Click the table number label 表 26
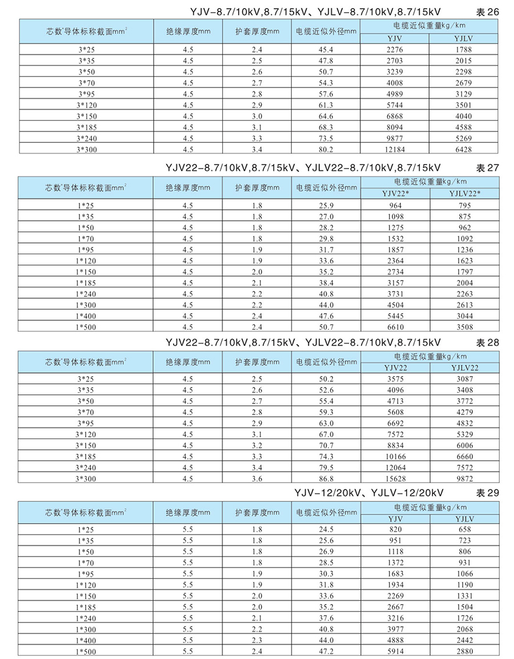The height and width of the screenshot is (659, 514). (487, 11)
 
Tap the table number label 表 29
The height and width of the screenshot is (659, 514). (487, 492)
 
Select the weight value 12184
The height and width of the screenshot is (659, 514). (395, 149)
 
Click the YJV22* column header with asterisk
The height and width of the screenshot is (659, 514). (395, 194)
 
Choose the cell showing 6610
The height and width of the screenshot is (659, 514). (395, 327)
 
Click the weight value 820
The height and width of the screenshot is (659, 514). (395, 529)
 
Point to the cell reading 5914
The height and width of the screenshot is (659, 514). (395, 652)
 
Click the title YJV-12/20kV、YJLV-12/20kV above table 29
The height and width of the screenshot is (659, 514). (369, 492)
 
